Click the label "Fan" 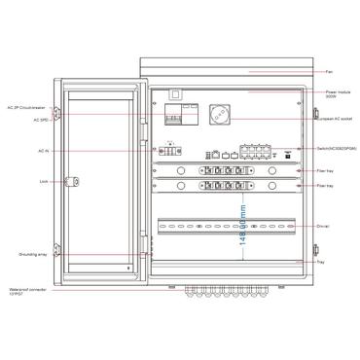tap(331, 72)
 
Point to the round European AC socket tap(220, 113)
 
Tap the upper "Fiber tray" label tap(329, 170)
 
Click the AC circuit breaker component tap(179, 115)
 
